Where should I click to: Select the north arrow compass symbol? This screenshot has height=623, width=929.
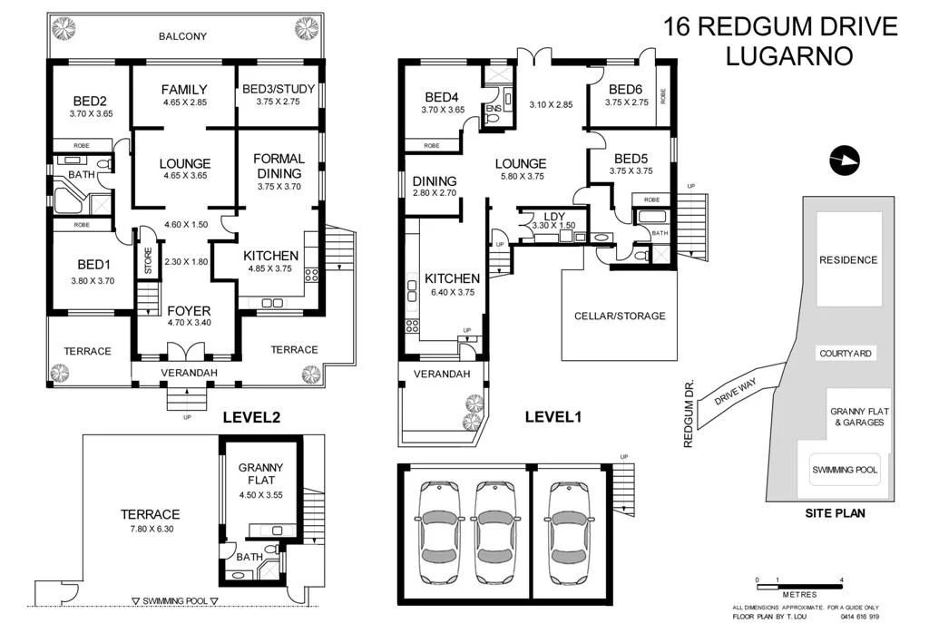coord(843,160)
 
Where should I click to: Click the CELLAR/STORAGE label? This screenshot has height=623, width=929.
coord(620,316)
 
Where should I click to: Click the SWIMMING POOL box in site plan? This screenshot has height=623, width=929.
coord(844,469)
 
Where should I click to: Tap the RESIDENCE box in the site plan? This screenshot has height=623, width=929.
coord(848,259)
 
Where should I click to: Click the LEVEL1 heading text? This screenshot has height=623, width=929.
coord(553,417)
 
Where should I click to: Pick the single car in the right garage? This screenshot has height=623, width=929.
coord(567,527)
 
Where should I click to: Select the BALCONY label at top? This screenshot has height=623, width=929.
coord(182,37)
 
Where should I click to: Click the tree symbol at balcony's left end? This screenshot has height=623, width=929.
coord(64,28)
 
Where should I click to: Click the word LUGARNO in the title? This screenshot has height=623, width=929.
coord(789,56)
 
